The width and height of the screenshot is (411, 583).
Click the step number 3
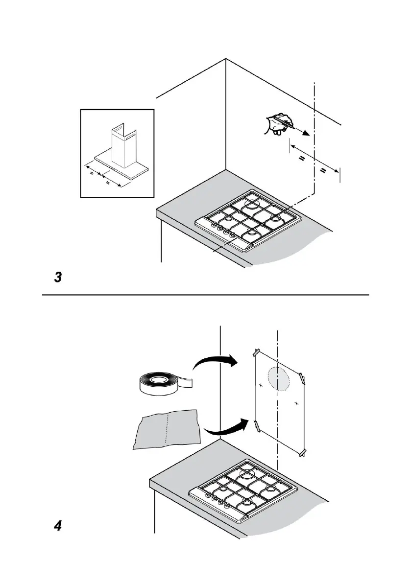click(x=58, y=278)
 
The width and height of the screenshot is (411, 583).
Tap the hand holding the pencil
click(x=277, y=123)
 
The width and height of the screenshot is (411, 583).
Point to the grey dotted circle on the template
click(x=279, y=379)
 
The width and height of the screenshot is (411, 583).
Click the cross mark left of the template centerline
click(x=261, y=386)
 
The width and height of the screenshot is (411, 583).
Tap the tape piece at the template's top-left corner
click(x=256, y=352)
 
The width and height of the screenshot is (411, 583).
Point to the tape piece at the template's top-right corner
click(x=303, y=378)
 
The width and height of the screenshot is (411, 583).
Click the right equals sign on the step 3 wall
click(x=323, y=170)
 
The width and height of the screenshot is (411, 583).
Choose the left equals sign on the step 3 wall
click(x=303, y=160)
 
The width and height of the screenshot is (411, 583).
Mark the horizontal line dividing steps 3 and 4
click(x=206, y=295)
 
